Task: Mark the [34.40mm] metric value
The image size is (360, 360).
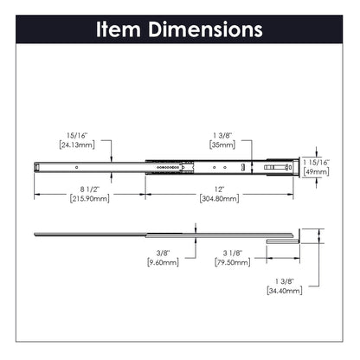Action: [284, 292]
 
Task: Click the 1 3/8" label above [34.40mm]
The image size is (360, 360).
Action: [284, 283]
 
